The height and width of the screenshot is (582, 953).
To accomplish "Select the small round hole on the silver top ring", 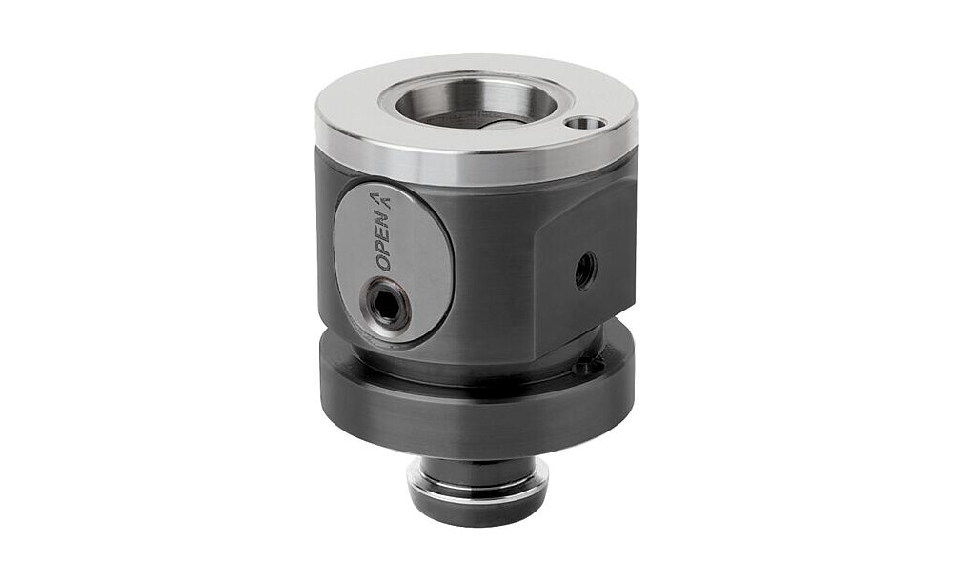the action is point(584,123).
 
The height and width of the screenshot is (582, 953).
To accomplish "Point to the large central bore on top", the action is point(476,104).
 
